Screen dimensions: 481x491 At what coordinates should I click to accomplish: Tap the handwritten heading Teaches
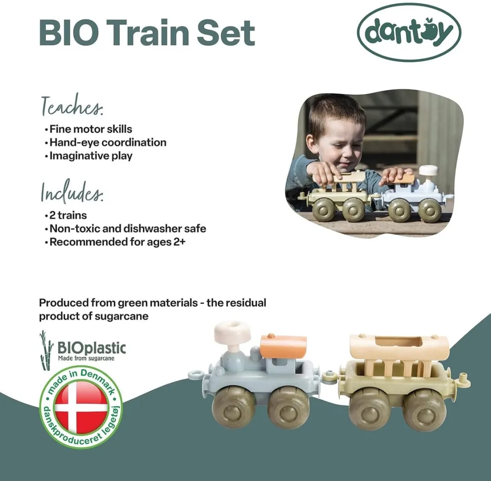73,106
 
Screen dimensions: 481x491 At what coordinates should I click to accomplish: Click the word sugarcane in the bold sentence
122,316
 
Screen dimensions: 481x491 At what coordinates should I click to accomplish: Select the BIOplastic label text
91,349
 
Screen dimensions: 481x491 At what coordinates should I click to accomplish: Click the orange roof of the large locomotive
283,346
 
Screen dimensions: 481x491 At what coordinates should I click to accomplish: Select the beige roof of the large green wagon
399,347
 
